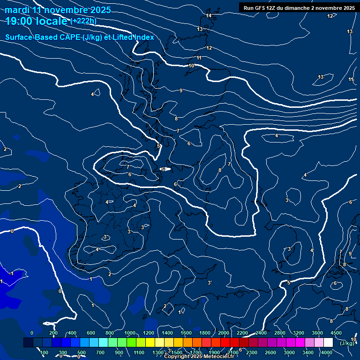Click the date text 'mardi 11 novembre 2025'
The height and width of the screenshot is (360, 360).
pos(59,10)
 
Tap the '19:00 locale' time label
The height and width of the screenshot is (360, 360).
pos(37,21)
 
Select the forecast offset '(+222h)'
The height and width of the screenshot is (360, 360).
pos(83,21)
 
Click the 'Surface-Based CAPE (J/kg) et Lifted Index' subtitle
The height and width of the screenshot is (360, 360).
pos(80,37)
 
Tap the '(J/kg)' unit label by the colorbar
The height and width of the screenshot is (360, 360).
pos(347,344)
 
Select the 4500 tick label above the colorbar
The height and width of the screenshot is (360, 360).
pos(336,333)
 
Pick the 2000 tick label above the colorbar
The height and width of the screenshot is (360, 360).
pos(224,333)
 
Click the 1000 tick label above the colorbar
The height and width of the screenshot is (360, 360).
pos(130,333)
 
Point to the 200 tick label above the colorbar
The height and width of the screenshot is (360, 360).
pos(53,333)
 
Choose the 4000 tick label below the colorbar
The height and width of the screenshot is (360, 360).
pos(327,352)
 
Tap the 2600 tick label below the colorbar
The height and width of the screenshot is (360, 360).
pos(270,352)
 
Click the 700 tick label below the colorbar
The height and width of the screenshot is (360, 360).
pos(100,352)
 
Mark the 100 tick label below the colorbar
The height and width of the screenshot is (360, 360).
pos(44,352)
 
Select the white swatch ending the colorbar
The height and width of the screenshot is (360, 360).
pos(328,343)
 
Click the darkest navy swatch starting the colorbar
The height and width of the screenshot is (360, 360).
pos(28,343)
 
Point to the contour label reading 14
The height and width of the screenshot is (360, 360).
pos(209,16)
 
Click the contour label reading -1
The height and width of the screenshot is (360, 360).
pos(12,273)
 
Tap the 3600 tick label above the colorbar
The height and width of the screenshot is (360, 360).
pos(317,333)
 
